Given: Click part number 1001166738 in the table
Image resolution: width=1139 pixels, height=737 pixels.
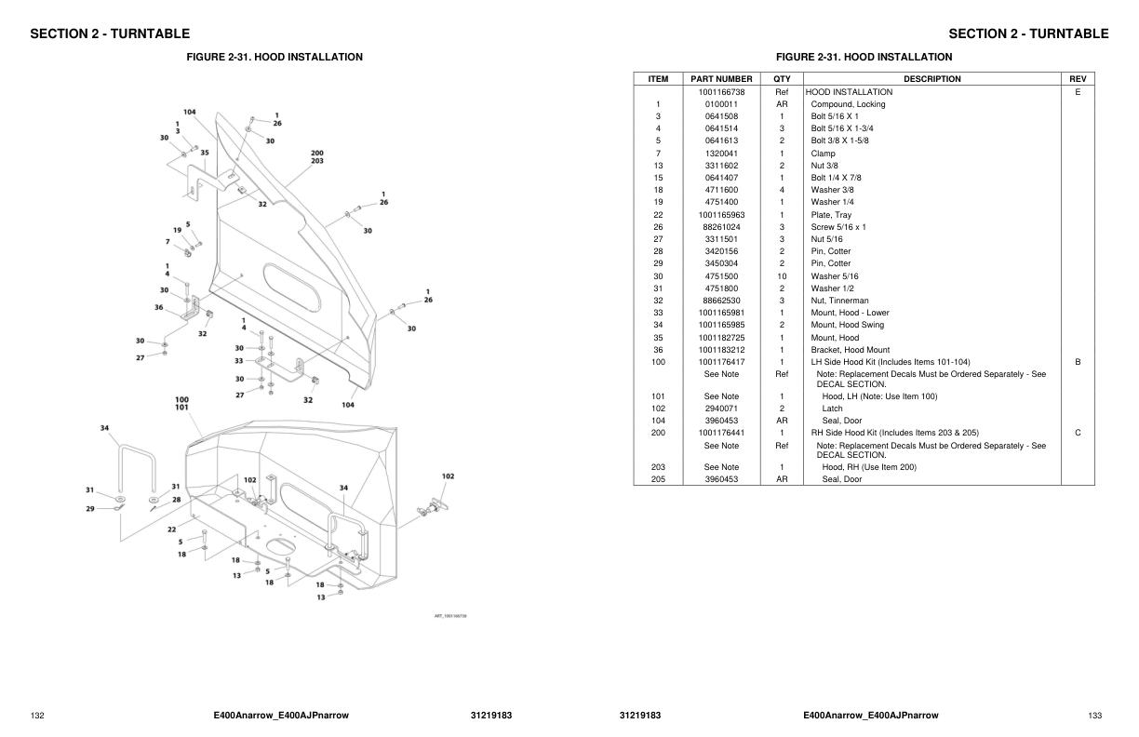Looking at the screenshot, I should coord(721,92).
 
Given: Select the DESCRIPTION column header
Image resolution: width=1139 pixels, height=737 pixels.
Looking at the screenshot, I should coord(931,79).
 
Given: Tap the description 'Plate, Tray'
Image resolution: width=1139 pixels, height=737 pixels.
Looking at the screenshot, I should coord(830,215).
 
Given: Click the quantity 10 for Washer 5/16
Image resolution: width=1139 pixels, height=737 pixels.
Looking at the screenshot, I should coord(782,276).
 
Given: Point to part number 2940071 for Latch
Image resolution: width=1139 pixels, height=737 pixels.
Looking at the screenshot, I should coord(721,409).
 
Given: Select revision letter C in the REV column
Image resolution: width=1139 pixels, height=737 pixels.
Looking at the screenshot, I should coord(1078,433).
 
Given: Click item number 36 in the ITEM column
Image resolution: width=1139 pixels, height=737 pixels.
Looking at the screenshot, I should coord(658,350).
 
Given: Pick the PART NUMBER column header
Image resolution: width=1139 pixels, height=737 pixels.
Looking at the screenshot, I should coord(721,79).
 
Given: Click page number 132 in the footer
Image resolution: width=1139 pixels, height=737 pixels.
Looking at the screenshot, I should coord(37,716).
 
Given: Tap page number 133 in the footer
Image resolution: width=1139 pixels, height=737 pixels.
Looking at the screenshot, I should coord(1094,716).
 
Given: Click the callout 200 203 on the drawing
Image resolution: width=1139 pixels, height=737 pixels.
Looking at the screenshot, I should coord(317,157).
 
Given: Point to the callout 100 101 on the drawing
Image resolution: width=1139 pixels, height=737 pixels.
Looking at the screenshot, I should coord(181,403).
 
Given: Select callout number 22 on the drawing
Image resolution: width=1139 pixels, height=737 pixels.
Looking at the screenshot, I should coord(172,529).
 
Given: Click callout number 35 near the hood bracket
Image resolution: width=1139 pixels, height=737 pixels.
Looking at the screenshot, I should coord(205,153).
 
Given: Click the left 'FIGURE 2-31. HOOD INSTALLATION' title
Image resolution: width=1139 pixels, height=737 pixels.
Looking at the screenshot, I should coord(275,57).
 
